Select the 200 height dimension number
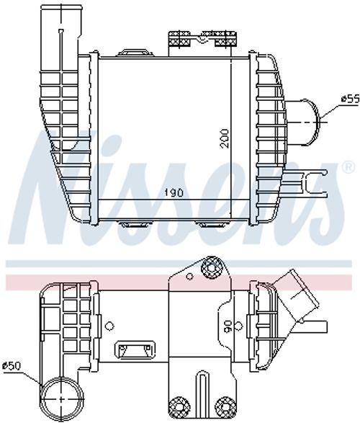(x=225, y=138)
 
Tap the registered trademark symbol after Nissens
(x=348, y=167)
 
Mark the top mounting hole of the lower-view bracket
(x=211, y=269)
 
